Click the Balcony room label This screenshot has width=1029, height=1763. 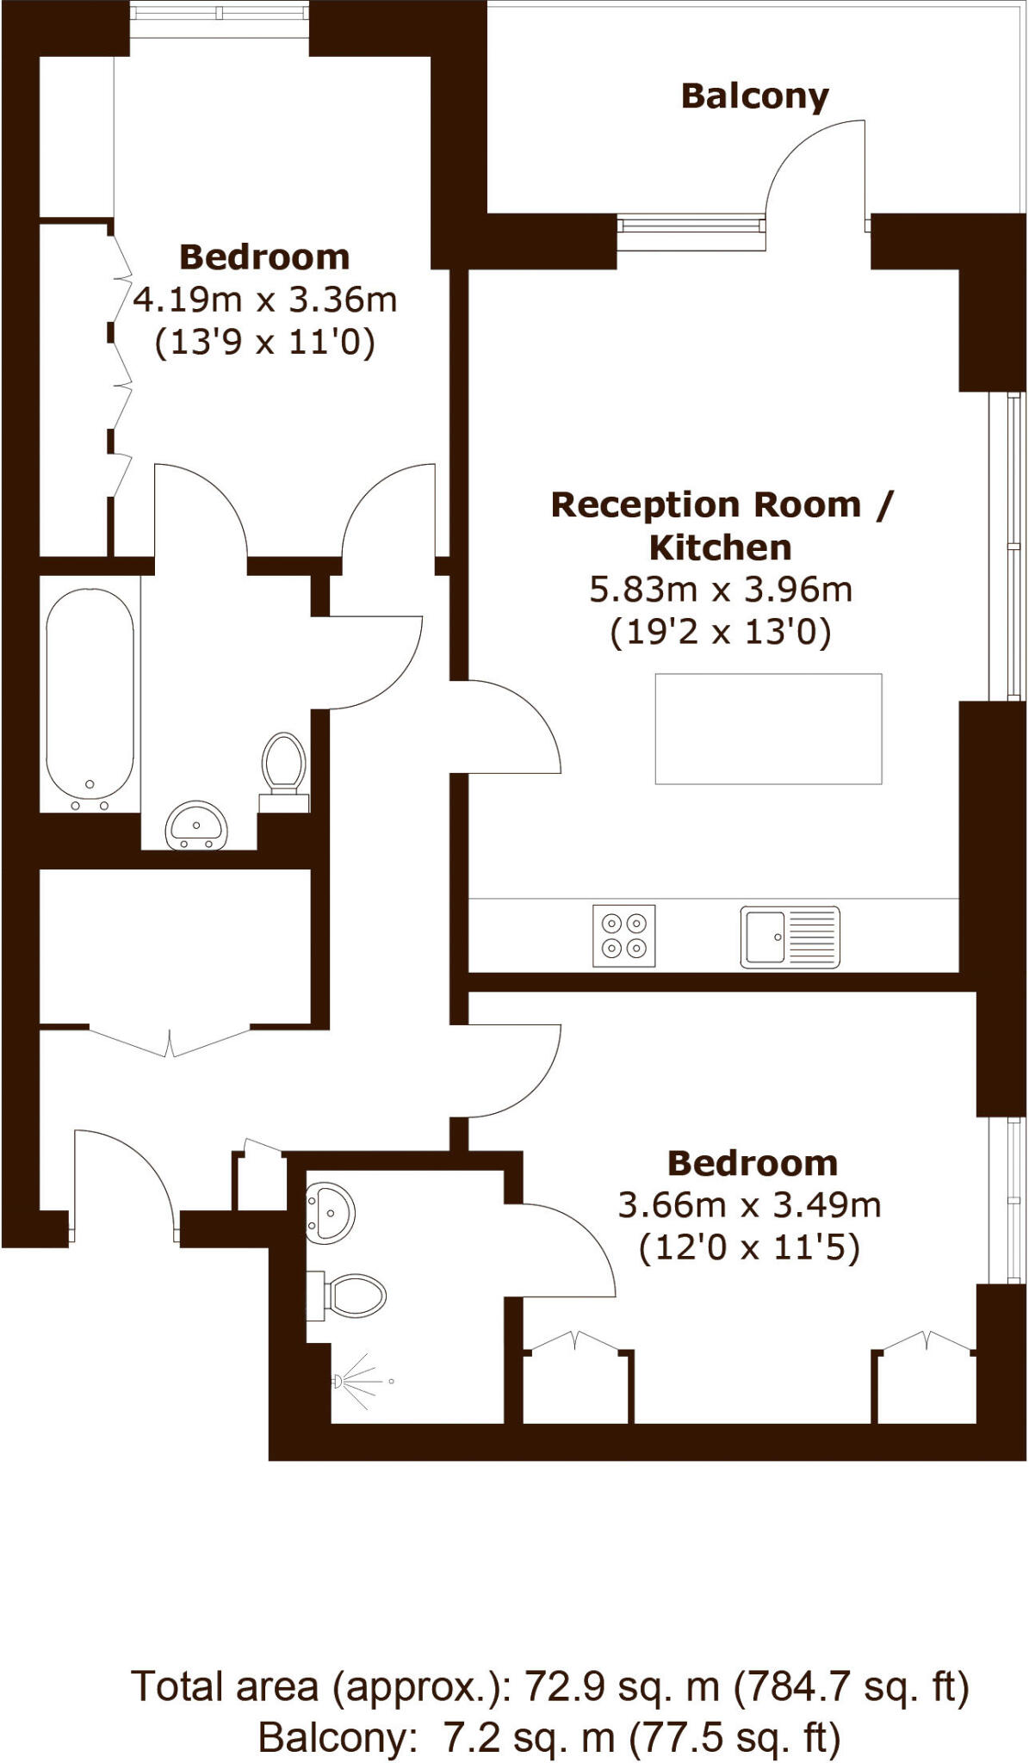click(x=754, y=96)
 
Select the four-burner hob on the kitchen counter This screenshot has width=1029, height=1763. click(x=623, y=936)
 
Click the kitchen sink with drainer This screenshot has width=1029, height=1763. click(x=789, y=937)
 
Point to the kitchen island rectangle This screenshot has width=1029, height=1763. click(x=768, y=728)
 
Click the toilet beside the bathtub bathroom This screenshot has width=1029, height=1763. click(x=283, y=764)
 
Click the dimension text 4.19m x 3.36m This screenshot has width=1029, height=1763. click(x=264, y=300)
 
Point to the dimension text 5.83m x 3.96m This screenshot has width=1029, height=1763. click(x=721, y=590)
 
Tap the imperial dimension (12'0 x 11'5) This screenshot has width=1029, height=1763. click(x=749, y=1247)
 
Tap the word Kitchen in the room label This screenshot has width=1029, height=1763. click(x=720, y=547)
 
